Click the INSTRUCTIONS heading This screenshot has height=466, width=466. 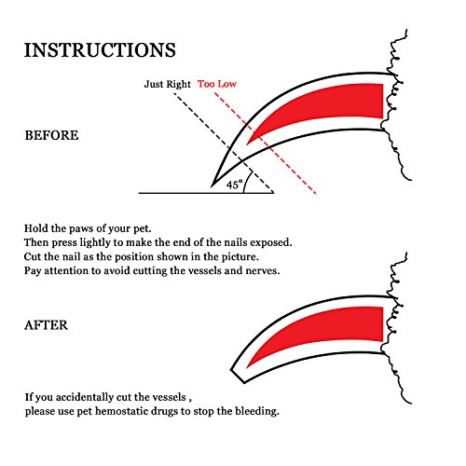point(100,50)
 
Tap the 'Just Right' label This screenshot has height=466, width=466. point(167,84)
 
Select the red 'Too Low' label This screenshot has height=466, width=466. point(217,84)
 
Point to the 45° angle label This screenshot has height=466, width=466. point(234,185)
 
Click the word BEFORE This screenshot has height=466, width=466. point(51,135)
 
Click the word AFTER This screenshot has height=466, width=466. point(46,325)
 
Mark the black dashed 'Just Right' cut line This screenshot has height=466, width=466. point(224,143)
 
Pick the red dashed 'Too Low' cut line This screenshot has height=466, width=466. point(265,143)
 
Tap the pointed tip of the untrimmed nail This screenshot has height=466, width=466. point(212,186)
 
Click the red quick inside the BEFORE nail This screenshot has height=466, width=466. point(326,105)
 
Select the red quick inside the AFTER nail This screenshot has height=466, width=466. point(326,329)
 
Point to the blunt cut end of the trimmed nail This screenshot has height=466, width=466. point(238,377)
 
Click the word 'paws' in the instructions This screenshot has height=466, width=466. point(81,229)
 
